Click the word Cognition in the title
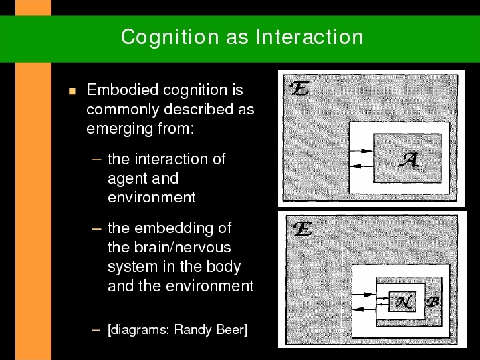tap(170, 37)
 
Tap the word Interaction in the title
tap(310, 37)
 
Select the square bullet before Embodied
tap(72, 91)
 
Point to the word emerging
tap(120, 129)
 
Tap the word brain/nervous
tap(183, 247)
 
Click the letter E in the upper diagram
tap(299, 88)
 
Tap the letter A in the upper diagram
tap(408, 160)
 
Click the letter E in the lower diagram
tap(302, 229)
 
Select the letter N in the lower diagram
tap(404, 302)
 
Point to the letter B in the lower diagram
tap(433, 302)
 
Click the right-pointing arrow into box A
tap(361, 151)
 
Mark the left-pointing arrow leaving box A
tap(362, 166)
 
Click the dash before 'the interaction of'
tap(96, 160)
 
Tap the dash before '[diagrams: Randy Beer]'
tap(96, 330)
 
